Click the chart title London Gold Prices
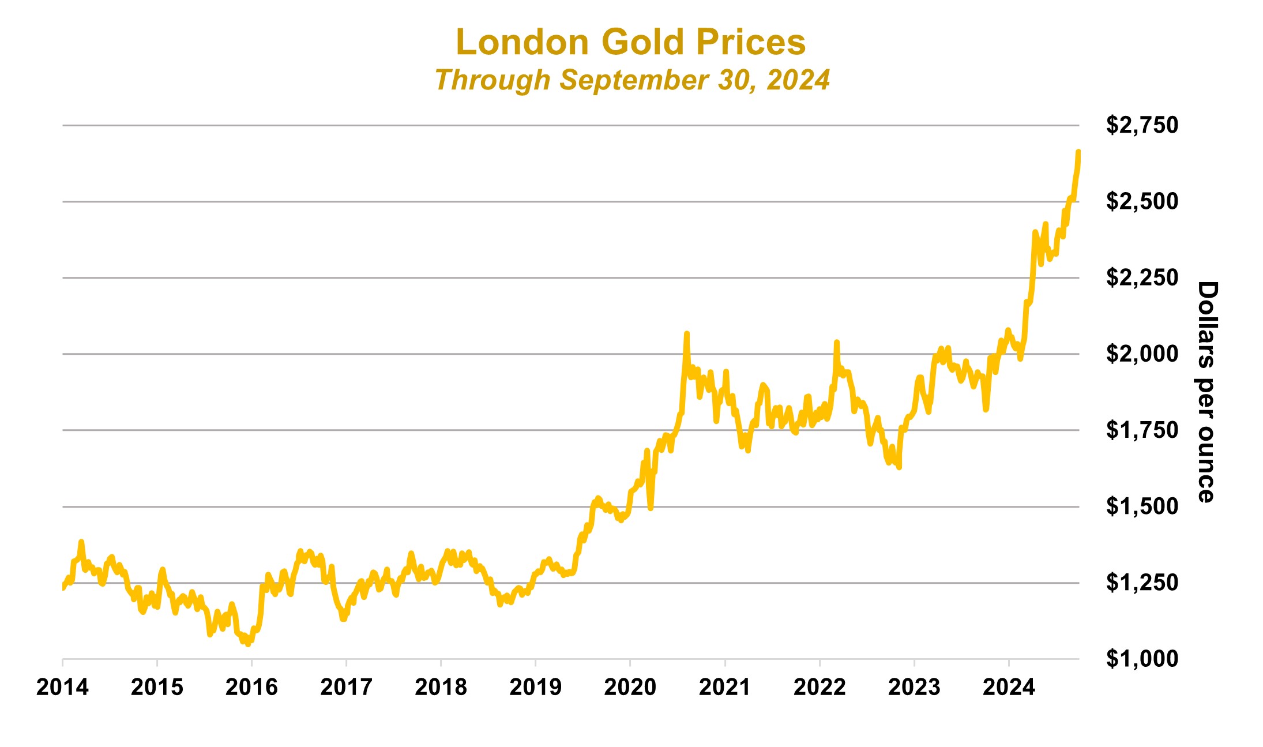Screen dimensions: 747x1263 click(x=630, y=42)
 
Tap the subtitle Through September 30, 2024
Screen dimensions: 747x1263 click(x=632, y=80)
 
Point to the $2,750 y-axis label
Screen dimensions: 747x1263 click(x=1141, y=125)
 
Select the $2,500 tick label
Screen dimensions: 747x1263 click(x=1141, y=201)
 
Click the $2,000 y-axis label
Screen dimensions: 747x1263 click(x=1141, y=354)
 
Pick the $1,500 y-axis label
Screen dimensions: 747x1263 click(x=1141, y=506)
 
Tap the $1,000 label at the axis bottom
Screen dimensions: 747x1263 click(x=1141, y=659)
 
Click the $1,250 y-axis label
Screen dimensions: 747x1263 click(x=1141, y=583)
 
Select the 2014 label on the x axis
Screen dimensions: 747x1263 click(x=62, y=687)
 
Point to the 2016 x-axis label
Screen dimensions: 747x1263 click(x=251, y=687)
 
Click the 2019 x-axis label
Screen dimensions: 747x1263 click(x=535, y=687)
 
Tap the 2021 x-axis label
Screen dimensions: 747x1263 click(x=724, y=687)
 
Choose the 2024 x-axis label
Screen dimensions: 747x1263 click(x=1009, y=687)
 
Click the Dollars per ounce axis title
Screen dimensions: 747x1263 click(x=1206, y=392)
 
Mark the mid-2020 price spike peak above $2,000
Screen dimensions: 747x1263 click(x=686, y=333)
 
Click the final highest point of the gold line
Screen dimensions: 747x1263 click(x=1078, y=152)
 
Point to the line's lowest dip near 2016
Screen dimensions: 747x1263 click(x=248, y=644)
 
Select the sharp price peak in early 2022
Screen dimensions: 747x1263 click(x=837, y=343)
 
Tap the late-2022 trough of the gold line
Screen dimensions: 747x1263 click(x=899, y=467)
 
